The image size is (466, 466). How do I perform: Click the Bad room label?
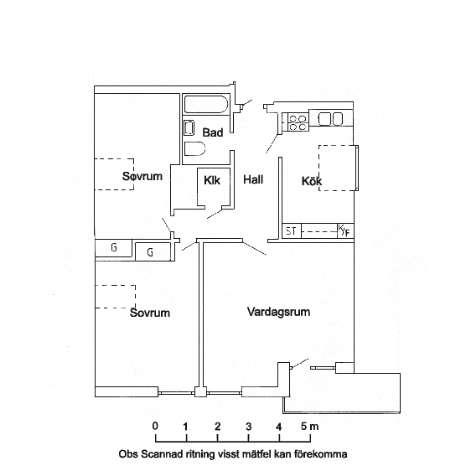[x=213, y=132]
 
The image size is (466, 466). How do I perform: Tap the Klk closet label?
[x=212, y=180]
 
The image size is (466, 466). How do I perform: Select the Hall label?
[x=253, y=179]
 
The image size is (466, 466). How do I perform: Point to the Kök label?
[x=312, y=181]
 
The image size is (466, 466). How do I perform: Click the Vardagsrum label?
[x=278, y=312]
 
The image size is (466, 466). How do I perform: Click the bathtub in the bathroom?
[x=206, y=104]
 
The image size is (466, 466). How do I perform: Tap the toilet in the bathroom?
[x=194, y=148]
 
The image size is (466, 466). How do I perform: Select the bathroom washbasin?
[x=189, y=127]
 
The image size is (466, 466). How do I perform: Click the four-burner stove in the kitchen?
[x=298, y=122]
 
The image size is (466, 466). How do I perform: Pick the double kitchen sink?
[x=330, y=119]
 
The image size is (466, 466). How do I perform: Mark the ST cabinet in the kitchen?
[x=292, y=231]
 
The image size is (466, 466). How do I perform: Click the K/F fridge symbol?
[x=345, y=231]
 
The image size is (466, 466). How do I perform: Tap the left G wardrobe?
[x=113, y=248]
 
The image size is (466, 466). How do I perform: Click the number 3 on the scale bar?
[x=249, y=427]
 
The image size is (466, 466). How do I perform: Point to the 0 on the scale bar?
[x=155, y=426]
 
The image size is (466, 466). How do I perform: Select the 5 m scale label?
[x=309, y=427]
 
